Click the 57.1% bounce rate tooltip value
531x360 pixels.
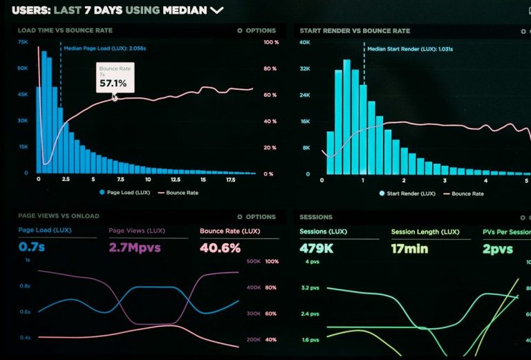pyautogui.click(x=113, y=83)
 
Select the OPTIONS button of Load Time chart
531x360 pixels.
pyautogui.click(x=257, y=30)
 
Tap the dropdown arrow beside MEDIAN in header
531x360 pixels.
pyautogui.click(x=216, y=10)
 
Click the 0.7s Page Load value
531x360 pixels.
pyautogui.click(x=32, y=247)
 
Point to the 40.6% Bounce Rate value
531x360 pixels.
pyautogui.click(x=220, y=247)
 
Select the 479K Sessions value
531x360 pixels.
pyautogui.click(x=317, y=247)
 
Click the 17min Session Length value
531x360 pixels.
pyautogui.click(x=410, y=247)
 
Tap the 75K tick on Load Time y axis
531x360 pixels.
pyautogui.click(x=23, y=42)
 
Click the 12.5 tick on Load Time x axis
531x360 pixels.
pyautogui.click(x=176, y=180)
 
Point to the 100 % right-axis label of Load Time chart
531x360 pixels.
pyautogui.click(x=270, y=42)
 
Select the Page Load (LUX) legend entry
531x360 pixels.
pyautogui.click(x=125, y=193)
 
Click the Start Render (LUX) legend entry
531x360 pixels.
pyautogui.click(x=408, y=193)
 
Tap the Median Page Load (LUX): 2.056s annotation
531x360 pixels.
pyautogui.click(x=104, y=48)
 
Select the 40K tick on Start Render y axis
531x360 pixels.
pyautogui.click(x=305, y=42)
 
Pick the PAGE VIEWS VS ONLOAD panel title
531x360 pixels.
pyautogui.click(x=58, y=216)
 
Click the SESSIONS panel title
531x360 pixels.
pyautogui.click(x=316, y=217)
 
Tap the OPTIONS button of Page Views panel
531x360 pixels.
pyautogui.click(x=257, y=217)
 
